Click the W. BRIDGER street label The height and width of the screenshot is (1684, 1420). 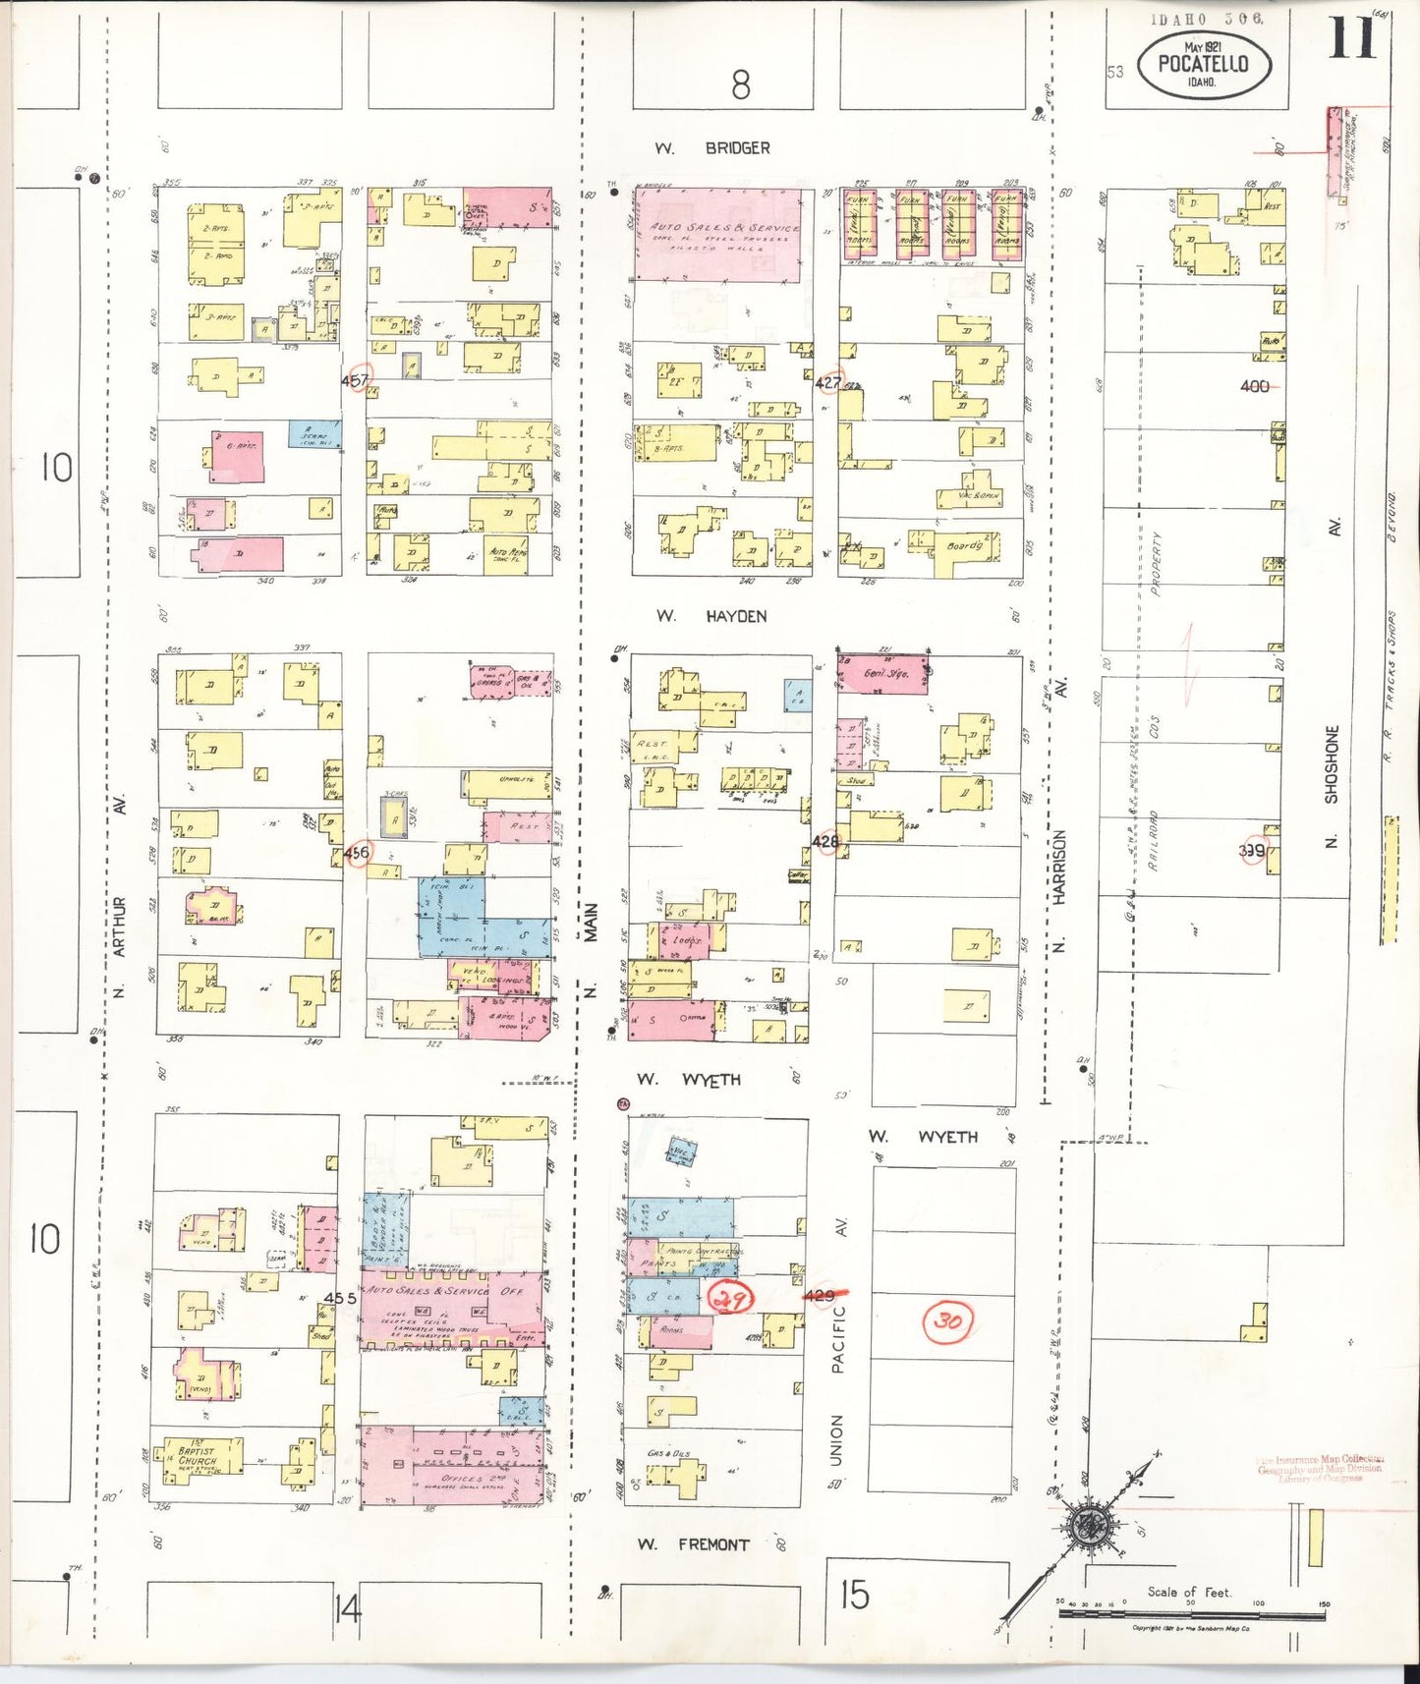pos(713,148)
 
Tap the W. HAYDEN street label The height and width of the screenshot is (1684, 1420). pos(711,616)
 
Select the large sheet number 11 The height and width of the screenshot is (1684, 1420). pos(1353,39)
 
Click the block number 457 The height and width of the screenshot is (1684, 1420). pos(355,380)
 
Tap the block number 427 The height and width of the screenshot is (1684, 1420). pos(827,382)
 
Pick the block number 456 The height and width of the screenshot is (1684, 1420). pos(357,852)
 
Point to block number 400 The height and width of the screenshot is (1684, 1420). pos(1255,386)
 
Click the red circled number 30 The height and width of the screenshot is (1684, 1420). pos(947,1320)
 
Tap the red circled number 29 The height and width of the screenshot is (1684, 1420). pos(730,1298)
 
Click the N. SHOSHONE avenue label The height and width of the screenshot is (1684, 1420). pos(1333,786)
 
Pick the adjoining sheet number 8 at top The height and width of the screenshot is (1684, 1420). pos(741,85)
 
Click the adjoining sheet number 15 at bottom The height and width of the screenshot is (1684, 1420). pos(854,1595)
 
